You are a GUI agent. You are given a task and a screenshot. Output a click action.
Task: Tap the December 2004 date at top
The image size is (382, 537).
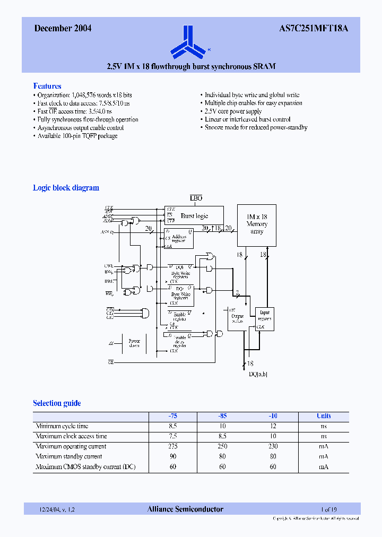63,29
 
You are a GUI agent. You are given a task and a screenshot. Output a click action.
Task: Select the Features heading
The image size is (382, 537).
47,86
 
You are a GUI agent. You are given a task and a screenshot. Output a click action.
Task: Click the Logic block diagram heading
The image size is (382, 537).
66,188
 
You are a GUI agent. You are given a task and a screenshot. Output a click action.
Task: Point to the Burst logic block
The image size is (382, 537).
194,215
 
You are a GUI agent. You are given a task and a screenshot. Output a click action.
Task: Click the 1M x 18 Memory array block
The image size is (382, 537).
257,224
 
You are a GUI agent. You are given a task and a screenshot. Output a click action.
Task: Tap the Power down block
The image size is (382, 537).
134,343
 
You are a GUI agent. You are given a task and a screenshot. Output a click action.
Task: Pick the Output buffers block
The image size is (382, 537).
237,318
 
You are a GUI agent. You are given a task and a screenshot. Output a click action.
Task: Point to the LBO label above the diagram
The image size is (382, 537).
196,198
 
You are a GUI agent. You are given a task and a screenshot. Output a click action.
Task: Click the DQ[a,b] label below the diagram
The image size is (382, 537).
258,374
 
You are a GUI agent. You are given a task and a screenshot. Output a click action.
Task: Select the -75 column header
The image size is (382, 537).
172,416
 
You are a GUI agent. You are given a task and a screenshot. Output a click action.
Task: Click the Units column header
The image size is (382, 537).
324,416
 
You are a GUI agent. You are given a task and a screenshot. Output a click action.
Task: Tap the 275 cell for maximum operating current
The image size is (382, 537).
172,446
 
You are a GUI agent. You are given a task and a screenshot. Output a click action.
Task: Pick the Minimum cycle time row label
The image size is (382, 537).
62,426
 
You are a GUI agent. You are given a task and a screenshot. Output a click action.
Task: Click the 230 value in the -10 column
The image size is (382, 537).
273,446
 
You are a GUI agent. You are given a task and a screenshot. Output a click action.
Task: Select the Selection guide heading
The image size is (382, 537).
57,403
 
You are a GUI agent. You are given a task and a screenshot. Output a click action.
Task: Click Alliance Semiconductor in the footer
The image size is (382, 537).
185,509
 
